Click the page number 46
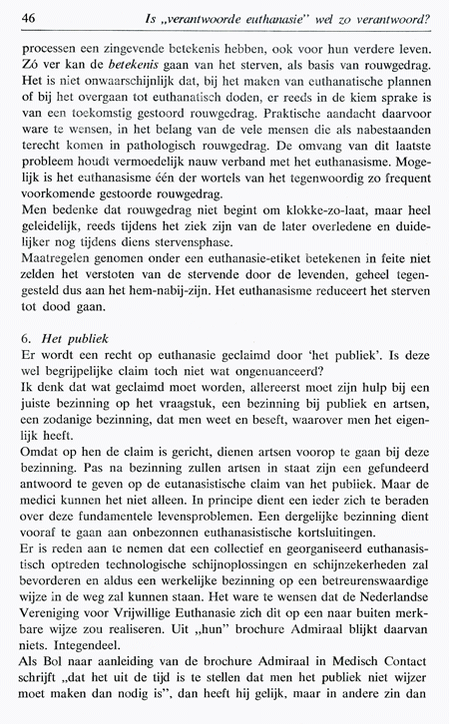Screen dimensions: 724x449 click(29, 17)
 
